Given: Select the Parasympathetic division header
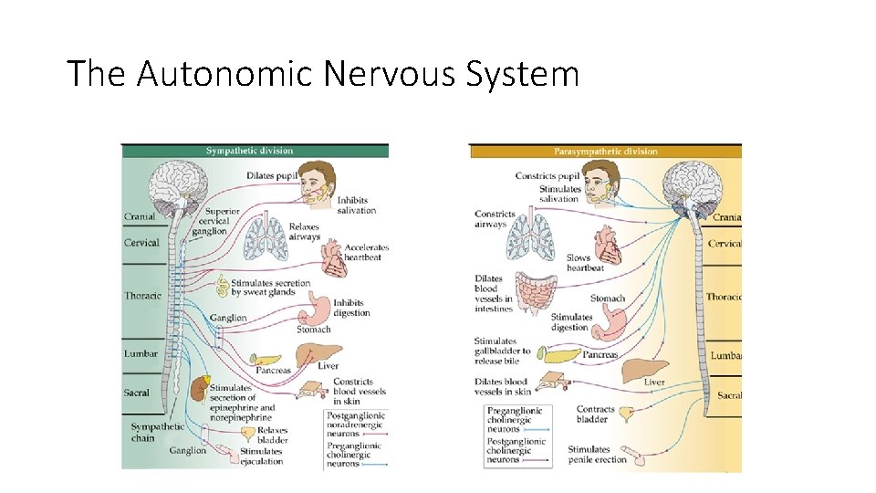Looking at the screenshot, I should [x=605, y=152].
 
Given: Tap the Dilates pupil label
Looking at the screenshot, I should [x=272, y=175].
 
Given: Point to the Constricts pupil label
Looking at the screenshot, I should [x=547, y=176].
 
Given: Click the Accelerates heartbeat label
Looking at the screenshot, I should [x=367, y=252].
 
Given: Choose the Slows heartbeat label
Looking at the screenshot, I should [x=585, y=263].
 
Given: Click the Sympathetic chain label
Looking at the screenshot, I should [x=157, y=432].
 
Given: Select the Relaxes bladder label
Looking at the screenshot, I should [x=273, y=435].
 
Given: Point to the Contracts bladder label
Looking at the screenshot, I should [x=596, y=415].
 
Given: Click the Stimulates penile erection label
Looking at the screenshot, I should [x=598, y=455].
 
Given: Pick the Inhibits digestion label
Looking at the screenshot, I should [x=351, y=308].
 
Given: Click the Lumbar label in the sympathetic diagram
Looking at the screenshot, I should [x=141, y=353].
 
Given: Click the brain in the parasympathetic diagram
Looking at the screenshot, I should [x=693, y=188].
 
